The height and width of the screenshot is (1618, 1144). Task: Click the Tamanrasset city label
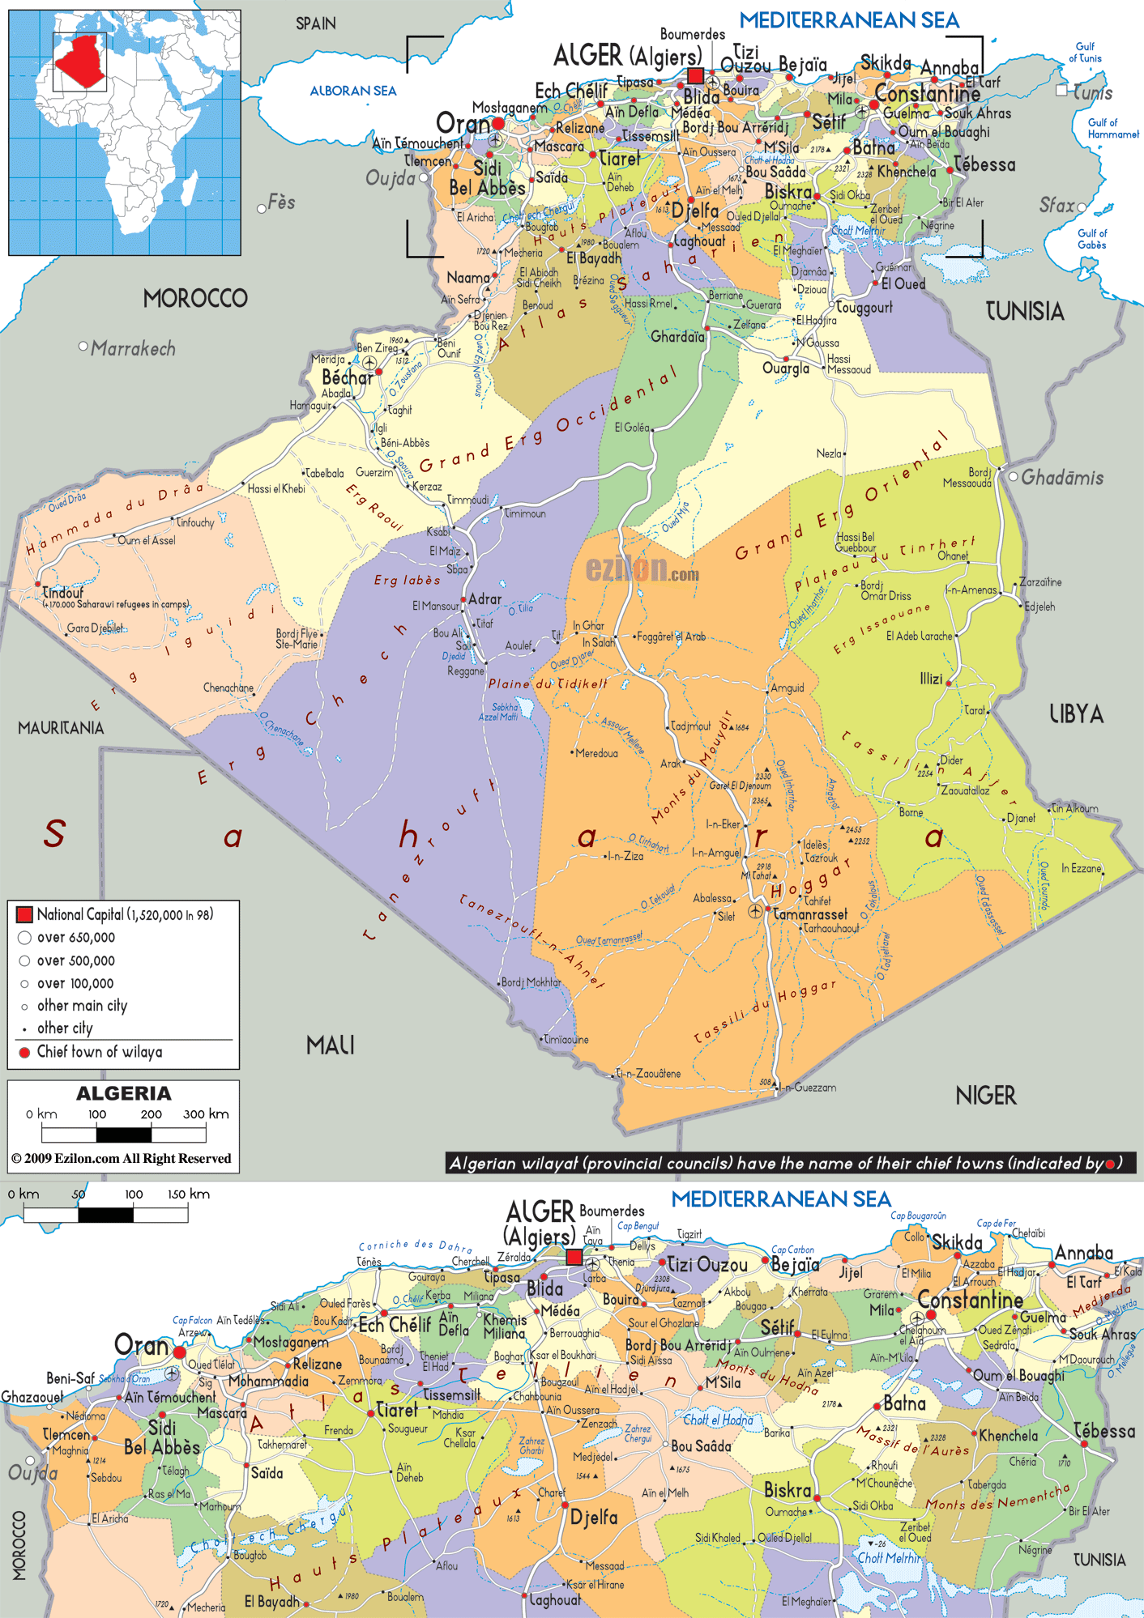click(809, 914)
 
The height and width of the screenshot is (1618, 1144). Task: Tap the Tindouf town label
click(63, 592)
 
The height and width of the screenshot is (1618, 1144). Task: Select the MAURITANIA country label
click(61, 728)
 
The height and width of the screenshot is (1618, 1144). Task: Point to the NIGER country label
click(985, 1096)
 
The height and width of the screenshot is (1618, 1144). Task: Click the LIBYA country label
click(1076, 714)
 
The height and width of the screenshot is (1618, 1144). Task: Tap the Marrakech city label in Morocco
click(133, 349)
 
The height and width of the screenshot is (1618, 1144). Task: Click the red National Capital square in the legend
click(24, 914)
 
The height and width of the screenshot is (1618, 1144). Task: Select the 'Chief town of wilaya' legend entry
click(99, 1052)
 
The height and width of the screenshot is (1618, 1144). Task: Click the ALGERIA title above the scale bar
click(123, 1093)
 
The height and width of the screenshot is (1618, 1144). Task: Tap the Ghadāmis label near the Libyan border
click(1061, 478)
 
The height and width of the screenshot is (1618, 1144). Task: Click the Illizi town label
click(931, 679)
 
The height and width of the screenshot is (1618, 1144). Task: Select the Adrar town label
click(484, 599)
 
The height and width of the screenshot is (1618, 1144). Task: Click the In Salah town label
click(598, 642)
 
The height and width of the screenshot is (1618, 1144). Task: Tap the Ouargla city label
click(785, 368)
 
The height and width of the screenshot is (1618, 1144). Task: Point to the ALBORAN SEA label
click(352, 91)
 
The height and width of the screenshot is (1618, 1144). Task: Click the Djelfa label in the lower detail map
click(594, 1517)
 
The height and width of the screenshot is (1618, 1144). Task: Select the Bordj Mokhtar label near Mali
click(531, 982)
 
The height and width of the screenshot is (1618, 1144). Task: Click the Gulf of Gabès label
click(1091, 239)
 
